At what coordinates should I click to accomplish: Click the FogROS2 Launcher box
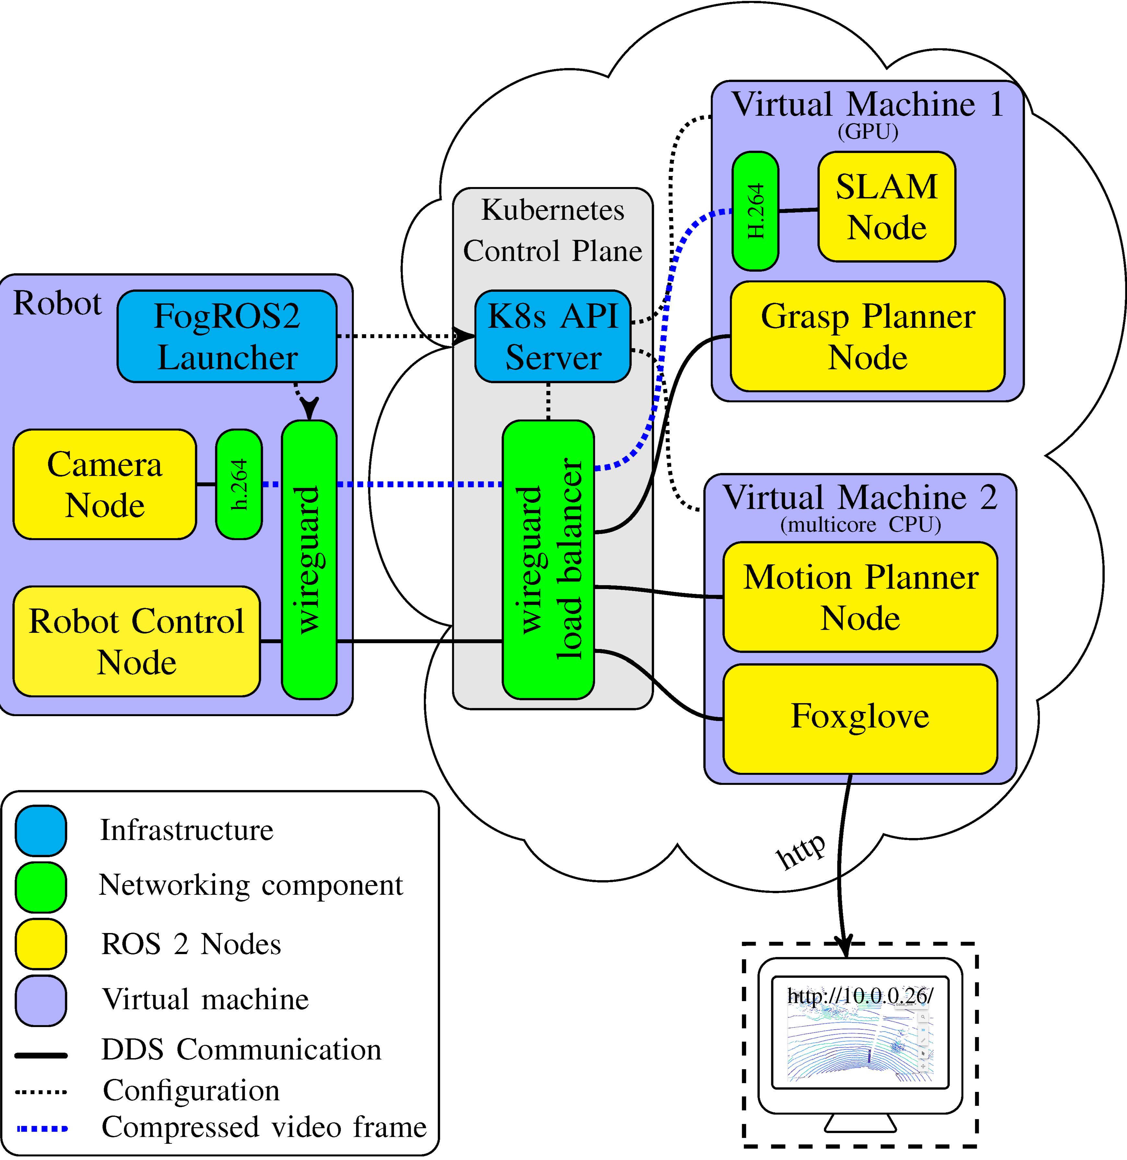227,336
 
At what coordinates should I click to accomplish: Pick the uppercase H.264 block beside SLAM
755,211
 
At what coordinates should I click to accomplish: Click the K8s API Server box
553,336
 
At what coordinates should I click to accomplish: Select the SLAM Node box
887,207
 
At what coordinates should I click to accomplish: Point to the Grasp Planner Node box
868,336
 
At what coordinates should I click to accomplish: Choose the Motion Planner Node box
860,597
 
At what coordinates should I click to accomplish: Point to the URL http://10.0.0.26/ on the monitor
860,996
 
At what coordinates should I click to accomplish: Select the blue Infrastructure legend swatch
41,830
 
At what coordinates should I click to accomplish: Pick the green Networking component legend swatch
41,887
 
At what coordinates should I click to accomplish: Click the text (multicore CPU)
860,524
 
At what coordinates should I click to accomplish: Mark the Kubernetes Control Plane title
553,230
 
